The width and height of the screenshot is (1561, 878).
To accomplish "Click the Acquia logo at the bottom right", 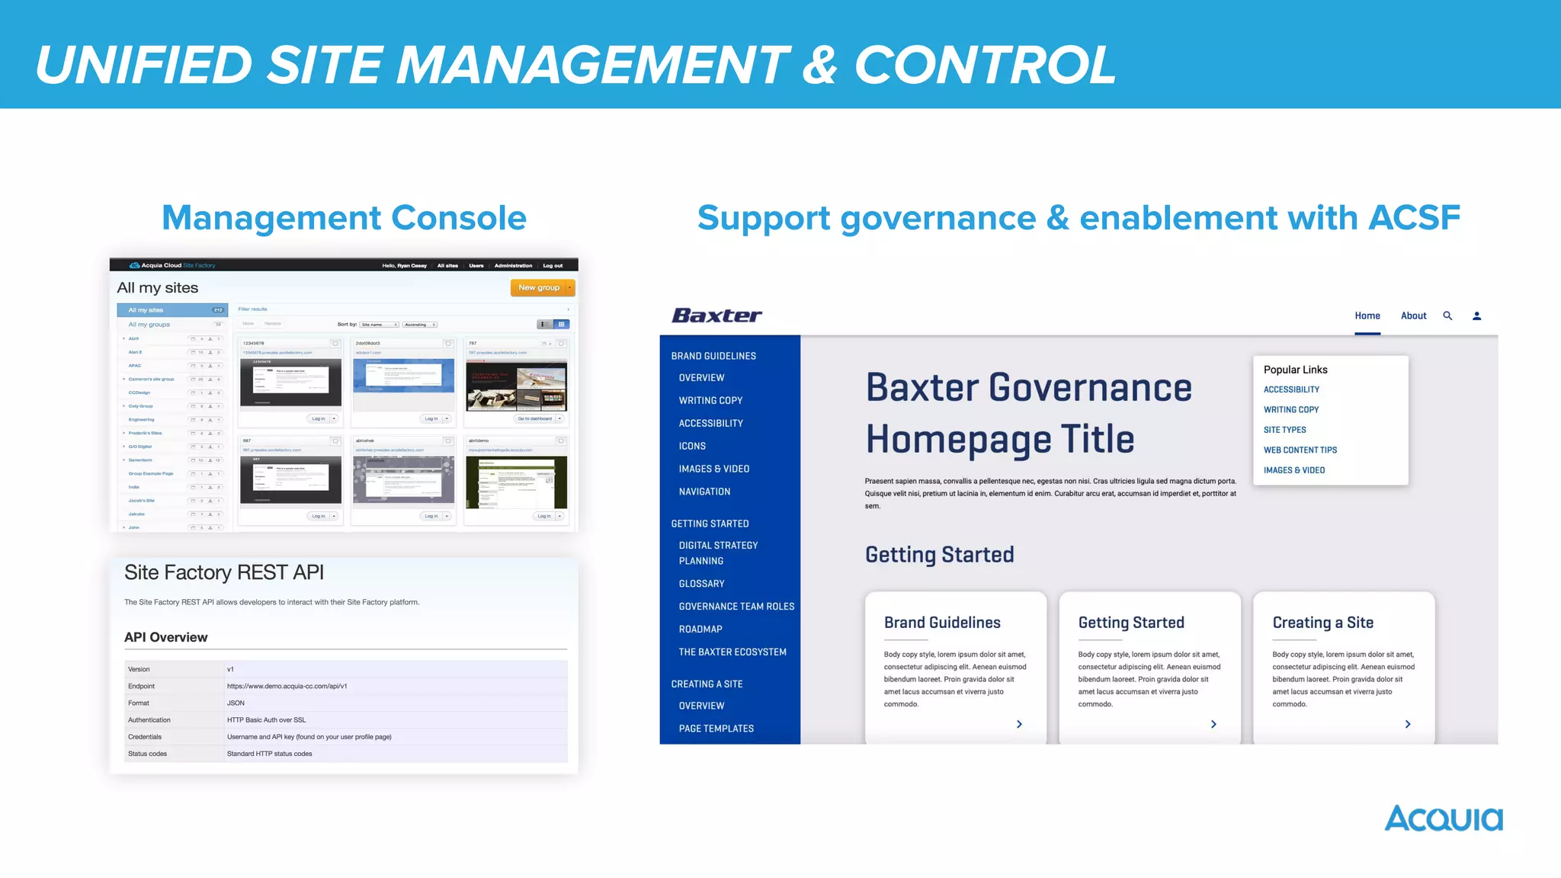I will (x=1443, y=819).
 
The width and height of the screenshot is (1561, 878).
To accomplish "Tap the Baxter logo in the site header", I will (x=716, y=316).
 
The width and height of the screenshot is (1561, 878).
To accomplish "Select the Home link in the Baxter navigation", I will (x=1367, y=316).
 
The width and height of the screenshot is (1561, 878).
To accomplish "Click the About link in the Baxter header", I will (x=1413, y=316).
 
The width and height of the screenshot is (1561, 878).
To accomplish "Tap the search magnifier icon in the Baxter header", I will (x=1447, y=316).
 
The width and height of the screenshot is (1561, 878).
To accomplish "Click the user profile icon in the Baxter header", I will (x=1476, y=316).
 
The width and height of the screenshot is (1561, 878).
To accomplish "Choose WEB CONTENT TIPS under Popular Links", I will (x=1300, y=450).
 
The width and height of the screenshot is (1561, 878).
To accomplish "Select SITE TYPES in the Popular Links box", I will (x=1284, y=430).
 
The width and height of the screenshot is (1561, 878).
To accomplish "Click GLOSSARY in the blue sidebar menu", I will (x=701, y=584).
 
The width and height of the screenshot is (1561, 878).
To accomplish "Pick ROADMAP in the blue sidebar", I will (x=700, y=630).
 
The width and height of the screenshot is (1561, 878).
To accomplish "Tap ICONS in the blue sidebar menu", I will (x=692, y=447).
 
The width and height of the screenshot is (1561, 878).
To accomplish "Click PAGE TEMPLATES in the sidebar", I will (x=716, y=729).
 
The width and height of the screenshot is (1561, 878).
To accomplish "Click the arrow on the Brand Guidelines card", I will (x=1019, y=724).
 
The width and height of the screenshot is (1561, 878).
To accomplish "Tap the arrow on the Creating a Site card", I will (x=1407, y=724).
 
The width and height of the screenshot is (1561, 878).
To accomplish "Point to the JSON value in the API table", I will (x=236, y=703).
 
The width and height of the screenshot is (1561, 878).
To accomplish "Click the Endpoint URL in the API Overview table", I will (x=287, y=686).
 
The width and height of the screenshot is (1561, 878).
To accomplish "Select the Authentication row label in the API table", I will (x=149, y=720).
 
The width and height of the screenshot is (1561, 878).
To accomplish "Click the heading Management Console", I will (x=344, y=218).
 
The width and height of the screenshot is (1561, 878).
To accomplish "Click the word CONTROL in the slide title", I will (x=985, y=65).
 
